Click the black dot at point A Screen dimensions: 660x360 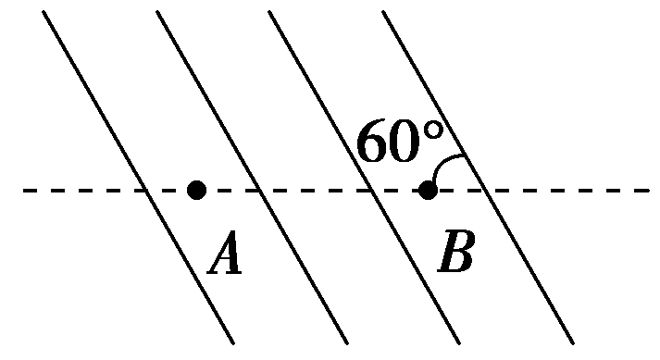[196, 191]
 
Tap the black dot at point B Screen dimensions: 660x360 [427, 191]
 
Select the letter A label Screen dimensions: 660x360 [225, 255]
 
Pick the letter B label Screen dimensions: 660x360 [456, 254]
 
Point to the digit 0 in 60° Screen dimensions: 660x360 [406, 143]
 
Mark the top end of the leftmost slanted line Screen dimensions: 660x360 [44, 12]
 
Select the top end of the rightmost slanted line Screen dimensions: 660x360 [383, 12]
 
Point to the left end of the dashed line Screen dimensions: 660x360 [23, 191]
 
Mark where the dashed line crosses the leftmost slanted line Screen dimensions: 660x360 [146, 191]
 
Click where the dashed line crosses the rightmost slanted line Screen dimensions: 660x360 [486, 191]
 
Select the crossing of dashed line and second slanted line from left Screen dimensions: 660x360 [260, 191]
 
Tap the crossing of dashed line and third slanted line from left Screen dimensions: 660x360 [372, 191]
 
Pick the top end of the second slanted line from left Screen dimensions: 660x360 [157, 12]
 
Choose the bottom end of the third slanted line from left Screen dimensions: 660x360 [459, 342]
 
